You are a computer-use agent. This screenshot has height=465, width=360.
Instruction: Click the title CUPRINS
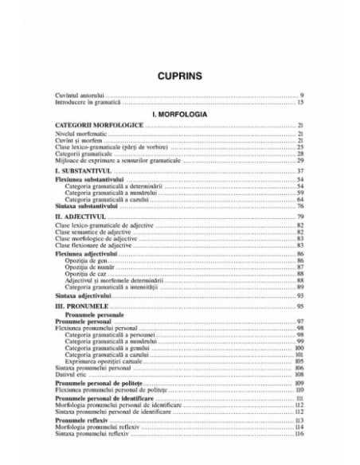click(x=179, y=77)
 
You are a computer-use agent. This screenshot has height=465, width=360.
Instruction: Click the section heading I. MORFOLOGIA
click(x=179, y=115)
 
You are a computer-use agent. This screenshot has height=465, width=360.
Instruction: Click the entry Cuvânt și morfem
click(x=78, y=141)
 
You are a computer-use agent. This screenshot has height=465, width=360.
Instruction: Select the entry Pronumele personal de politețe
click(x=99, y=384)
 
